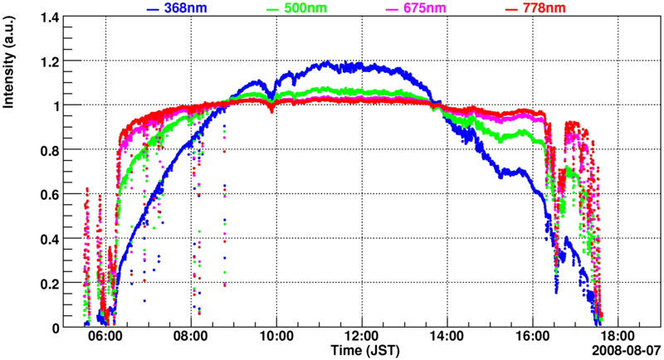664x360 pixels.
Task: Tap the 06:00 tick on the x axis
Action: click(x=106, y=337)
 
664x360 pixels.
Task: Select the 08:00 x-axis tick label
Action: click(x=191, y=337)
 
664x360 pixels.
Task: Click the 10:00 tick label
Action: click(x=276, y=337)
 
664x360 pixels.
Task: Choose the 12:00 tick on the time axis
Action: click(x=361, y=337)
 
